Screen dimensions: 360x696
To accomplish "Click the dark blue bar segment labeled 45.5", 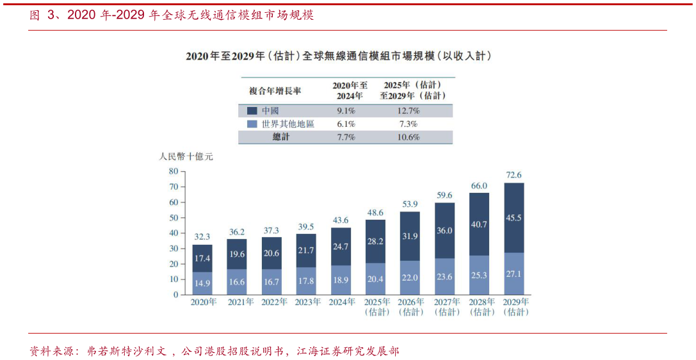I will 514,218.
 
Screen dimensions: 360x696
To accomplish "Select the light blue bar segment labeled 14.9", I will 202,283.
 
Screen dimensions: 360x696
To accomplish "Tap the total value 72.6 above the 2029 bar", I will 514,175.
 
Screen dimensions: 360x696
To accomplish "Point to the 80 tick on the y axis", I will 173,171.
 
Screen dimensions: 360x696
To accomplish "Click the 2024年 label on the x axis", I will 341,302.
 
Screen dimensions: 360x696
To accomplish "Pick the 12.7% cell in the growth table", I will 408,111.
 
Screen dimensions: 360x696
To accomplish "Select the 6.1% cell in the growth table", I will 346,124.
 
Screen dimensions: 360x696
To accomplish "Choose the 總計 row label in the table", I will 281,137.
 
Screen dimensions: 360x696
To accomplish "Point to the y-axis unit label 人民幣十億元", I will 186,156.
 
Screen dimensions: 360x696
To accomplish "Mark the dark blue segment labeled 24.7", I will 341,247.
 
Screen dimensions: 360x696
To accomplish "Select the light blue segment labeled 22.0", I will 410,277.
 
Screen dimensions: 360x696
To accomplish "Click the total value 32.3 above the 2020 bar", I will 202,236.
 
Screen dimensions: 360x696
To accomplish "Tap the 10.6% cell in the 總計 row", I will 408,137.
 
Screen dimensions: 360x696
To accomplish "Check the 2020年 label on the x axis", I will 202,302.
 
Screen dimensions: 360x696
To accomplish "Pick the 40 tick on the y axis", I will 173,233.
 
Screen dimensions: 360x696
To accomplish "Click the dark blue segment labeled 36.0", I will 444,231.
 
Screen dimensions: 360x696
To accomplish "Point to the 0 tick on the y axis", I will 175,295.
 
